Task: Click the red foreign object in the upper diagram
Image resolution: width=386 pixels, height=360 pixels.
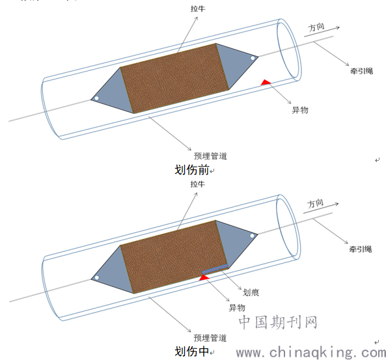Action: pos(266,82)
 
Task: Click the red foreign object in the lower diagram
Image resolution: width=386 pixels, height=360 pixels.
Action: pos(204,277)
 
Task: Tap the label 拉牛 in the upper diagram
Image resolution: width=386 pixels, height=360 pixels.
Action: pos(198,8)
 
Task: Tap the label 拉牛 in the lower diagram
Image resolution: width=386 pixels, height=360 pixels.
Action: pos(197,184)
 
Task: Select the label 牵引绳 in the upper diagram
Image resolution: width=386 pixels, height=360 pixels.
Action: pos(361,71)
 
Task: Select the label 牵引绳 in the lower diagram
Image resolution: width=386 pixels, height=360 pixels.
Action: pos(361,249)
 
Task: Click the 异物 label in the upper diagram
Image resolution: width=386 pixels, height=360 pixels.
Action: pos(300,110)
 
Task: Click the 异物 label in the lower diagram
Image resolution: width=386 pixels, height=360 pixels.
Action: pos(237,308)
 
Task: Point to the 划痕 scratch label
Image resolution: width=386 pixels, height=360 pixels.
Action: pos(251,292)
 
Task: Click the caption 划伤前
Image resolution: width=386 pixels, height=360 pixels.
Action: pos(192,170)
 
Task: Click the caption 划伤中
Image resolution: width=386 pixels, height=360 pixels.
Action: pos(192,352)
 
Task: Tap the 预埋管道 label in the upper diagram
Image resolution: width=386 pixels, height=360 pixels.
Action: pos(210,156)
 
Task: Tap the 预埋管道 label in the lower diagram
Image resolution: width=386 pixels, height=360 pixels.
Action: pos(210,338)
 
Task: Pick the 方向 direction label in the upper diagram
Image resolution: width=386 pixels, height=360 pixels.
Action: pos(316,27)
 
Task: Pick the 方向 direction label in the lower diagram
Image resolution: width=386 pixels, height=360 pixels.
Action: pos(315,203)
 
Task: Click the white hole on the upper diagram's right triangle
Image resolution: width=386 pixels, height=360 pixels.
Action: pos(253,58)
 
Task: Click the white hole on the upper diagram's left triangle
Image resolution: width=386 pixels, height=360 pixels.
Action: pos(96,98)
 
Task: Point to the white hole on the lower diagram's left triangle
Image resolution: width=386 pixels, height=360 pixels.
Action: pos(97,278)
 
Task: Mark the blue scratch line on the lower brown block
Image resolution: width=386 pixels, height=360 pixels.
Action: pos(215,269)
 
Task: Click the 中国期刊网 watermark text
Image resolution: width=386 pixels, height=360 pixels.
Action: pos(278,322)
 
